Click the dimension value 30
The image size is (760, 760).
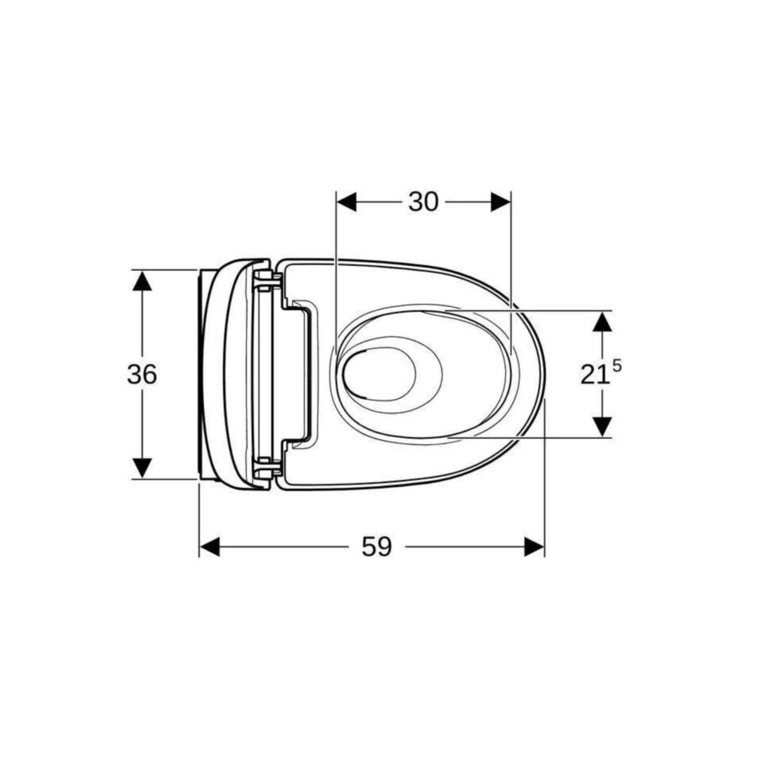[423, 202]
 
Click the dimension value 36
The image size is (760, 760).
[142, 375]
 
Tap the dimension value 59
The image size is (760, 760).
[377, 547]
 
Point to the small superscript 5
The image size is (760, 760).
[617, 365]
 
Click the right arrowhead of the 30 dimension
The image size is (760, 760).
[500, 202]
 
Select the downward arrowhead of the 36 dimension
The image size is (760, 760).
[142, 468]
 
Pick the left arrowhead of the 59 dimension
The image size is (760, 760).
[210, 547]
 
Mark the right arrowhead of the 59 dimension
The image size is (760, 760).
[535, 547]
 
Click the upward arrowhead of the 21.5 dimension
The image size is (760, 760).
[604, 322]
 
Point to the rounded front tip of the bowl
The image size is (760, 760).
[543, 374]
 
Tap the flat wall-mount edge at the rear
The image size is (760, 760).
[202, 374]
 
